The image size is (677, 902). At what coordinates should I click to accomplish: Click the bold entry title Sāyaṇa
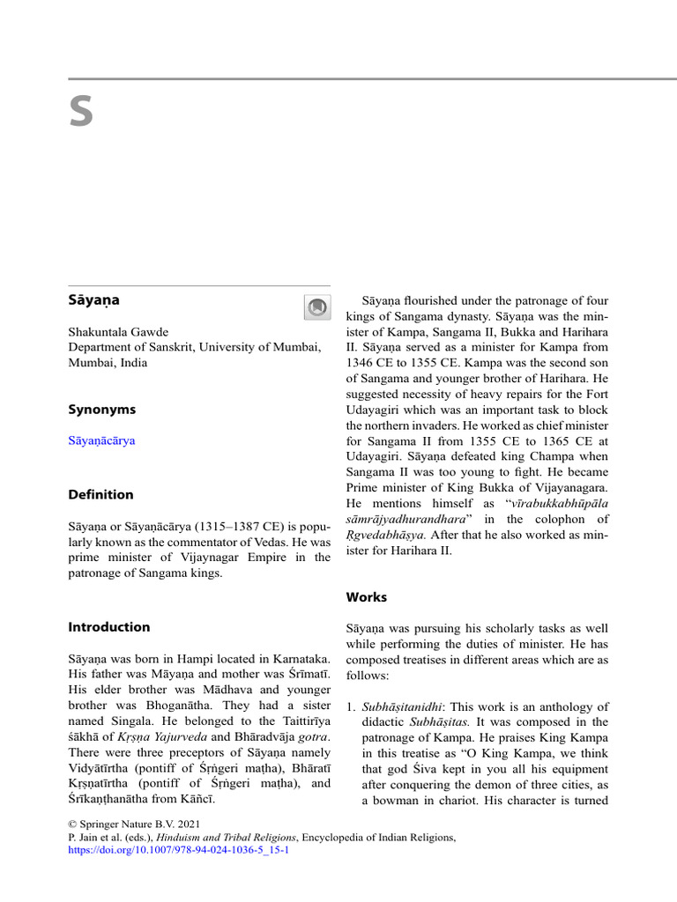93,300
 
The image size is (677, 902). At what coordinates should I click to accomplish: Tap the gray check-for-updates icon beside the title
316,307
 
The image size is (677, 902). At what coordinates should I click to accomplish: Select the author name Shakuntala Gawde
118,332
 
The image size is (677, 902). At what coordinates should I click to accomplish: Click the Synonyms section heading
101,410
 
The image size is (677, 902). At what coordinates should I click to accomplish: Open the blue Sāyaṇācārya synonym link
101,440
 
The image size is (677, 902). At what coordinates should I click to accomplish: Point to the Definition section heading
100,494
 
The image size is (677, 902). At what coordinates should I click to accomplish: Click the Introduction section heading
109,627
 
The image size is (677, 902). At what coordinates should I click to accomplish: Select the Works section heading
367,597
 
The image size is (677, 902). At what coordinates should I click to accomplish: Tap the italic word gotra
311,736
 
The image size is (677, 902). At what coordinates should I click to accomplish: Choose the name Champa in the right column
544,455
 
